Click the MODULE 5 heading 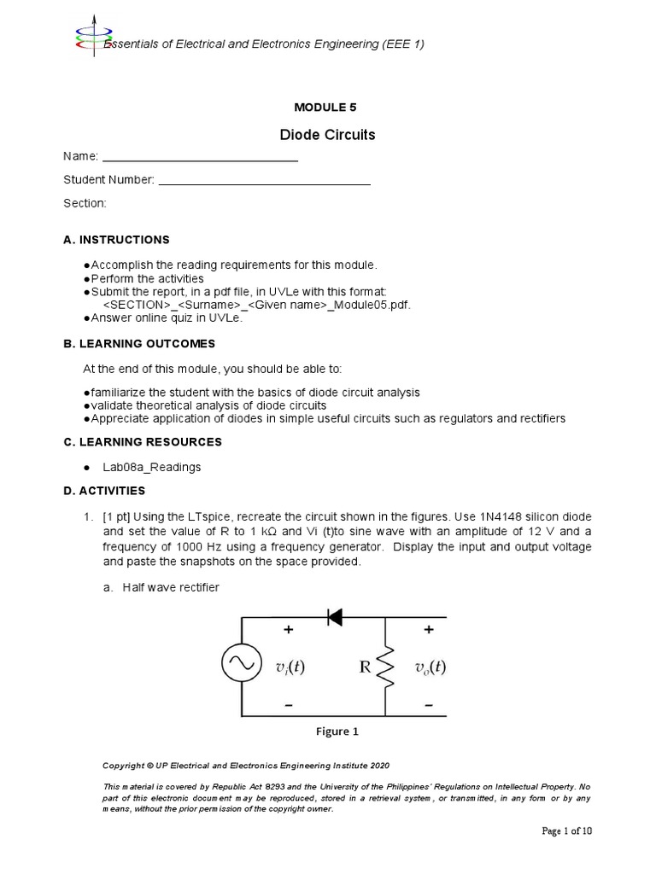click(x=325, y=107)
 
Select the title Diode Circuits click(x=327, y=135)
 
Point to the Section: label click(x=85, y=203)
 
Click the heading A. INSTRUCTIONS click(x=116, y=240)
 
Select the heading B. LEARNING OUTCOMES click(x=138, y=343)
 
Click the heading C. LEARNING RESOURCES click(x=142, y=442)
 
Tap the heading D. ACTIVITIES click(x=103, y=491)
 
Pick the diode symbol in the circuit click(x=334, y=616)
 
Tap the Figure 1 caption click(x=337, y=731)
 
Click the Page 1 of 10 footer click(x=566, y=831)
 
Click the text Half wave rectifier click(x=171, y=586)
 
